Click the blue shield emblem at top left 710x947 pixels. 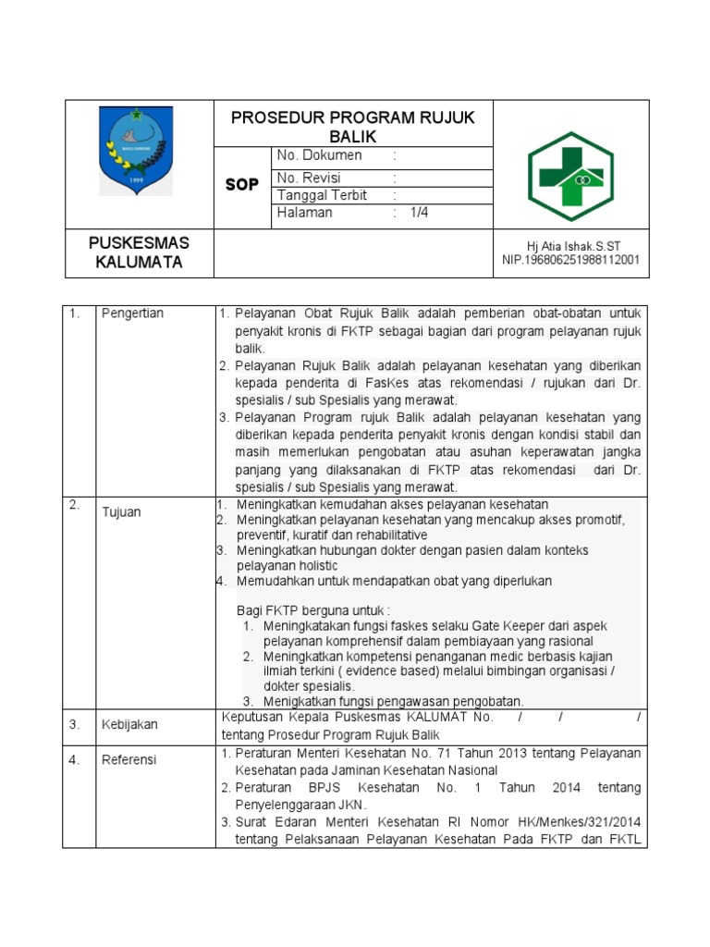pos(136,151)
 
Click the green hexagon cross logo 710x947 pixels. pos(570,176)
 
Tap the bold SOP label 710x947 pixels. pos(242,185)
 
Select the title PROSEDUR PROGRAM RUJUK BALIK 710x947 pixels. pos(352,127)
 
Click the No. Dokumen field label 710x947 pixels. pos(320,155)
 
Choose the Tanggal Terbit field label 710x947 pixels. pos(323,195)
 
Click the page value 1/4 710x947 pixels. pos(420,212)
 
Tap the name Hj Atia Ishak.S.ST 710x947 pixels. pos(573,246)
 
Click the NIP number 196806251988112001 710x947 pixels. pos(570,260)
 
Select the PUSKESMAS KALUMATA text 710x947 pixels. pos(139,252)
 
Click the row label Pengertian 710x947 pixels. pos(132,314)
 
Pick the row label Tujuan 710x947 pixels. pos(121,511)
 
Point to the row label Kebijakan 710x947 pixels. pos(129,725)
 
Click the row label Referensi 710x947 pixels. pos(129,760)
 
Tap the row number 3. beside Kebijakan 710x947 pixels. pos(73,724)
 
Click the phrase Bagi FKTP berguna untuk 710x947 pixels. pos(313,610)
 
